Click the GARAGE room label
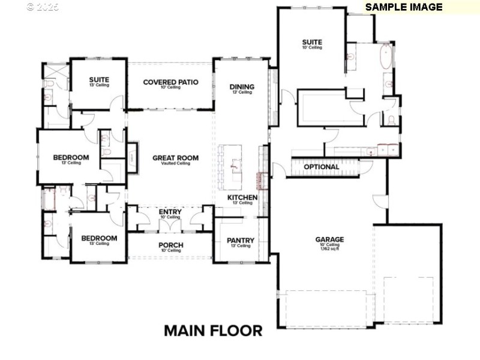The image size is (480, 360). pyautogui.click(x=329, y=239)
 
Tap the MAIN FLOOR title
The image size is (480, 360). pyautogui.click(x=213, y=331)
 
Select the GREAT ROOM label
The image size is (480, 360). pyautogui.click(x=175, y=158)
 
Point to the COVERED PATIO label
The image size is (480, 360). pyautogui.click(x=170, y=82)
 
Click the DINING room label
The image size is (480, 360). pyautogui.click(x=242, y=87)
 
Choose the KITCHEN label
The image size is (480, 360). pyautogui.click(x=242, y=197)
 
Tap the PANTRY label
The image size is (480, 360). pyautogui.click(x=241, y=241)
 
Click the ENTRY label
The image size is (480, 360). pyautogui.click(x=170, y=212)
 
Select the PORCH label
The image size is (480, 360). pyautogui.click(x=170, y=245)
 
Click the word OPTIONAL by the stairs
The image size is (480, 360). pyautogui.click(x=321, y=167)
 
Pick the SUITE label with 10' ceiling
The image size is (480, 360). pyautogui.click(x=312, y=43)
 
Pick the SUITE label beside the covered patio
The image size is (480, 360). pyautogui.click(x=99, y=80)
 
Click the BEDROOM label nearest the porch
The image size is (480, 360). pyautogui.click(x=99, y=238)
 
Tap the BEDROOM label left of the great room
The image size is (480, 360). pyautogui.click(x=71, y=158)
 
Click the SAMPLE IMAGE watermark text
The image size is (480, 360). pyautogui.click(x=404, y=7)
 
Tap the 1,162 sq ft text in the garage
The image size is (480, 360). pyautogui.click(x=329, y=249)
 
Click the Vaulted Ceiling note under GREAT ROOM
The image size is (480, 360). pyautogui.click(x=175, y=163)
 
